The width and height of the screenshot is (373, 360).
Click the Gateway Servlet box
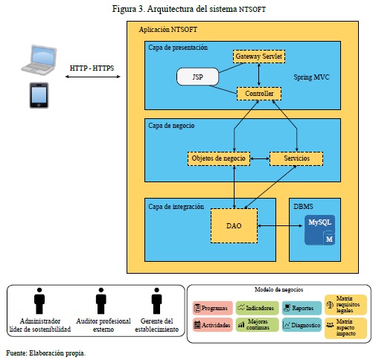pos(259,57)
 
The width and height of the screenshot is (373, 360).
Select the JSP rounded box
pos(197,77)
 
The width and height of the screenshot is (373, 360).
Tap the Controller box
pos(259,94)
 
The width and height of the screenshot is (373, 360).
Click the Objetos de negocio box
pos(219,158)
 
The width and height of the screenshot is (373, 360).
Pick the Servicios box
pos(296,158)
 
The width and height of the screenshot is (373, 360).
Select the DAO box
pos(234,225)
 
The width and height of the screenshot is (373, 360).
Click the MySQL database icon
pos(319,230)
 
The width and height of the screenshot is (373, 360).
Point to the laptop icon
pos(39,60)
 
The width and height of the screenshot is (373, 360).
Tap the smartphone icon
pos(39,95)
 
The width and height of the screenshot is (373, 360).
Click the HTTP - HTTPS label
pos(92,68)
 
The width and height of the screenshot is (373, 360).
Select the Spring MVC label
pos(311,77)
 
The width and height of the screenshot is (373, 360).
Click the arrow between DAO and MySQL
pos(280,225)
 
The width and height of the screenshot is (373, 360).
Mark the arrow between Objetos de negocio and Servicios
pos(260,158)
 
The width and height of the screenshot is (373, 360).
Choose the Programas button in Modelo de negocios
pos(213,308)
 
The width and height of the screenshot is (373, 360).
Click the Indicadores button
pos(257,308)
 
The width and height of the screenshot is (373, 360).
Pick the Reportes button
pos(302,308)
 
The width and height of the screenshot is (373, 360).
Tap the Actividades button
pos(213,325)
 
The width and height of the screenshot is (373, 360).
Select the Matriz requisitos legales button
pos(345,304)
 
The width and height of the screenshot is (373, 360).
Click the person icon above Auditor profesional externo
pos(101,300)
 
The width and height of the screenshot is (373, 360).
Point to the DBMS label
pos(303,207)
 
